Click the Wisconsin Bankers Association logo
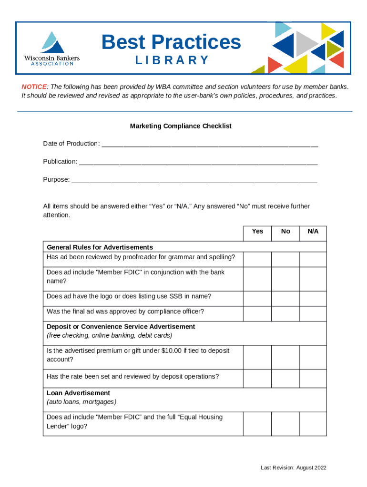52,48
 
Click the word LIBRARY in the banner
172,60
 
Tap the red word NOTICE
34,87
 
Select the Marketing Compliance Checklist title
181,126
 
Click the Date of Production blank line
210,145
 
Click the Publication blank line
198,163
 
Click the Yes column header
257,231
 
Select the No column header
285,231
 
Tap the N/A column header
313,231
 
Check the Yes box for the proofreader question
257,259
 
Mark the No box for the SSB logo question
285,298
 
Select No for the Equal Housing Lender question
285,423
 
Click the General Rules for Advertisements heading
100,247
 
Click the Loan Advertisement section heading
78,393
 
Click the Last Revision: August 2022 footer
293,468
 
